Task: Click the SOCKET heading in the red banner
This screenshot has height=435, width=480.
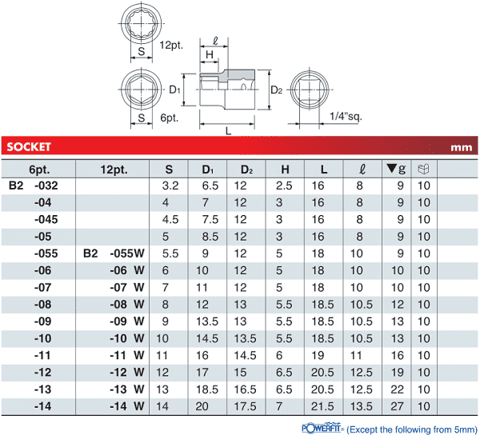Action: click(29, 147)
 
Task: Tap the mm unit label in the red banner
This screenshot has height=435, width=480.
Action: click(461, 147)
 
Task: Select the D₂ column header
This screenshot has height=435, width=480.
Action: click(246, 170)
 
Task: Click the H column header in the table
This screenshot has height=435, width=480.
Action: click(285, 170)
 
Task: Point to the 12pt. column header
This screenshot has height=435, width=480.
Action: click(114, 170)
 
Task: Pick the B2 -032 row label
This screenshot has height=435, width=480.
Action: click(33, 186)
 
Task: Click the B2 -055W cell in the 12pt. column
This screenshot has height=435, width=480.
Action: click(114, 253)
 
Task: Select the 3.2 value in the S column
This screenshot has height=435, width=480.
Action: click(170, 186)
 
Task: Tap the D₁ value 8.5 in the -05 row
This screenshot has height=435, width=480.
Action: click(210, 237)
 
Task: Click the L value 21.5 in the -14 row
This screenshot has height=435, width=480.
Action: click(322, 406)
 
